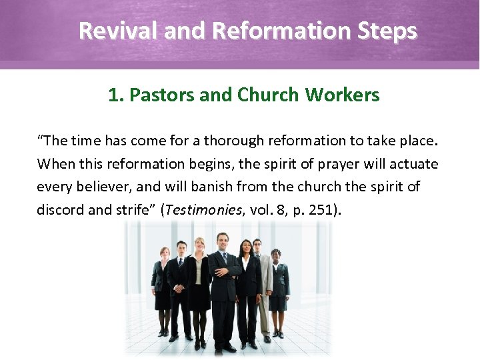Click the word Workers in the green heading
click(343, 95)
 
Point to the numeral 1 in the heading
click(113, 95)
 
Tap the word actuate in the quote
click(415, 163)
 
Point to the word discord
click(61, 210)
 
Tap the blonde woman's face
click(199, 246)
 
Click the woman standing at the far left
click(161, 287)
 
